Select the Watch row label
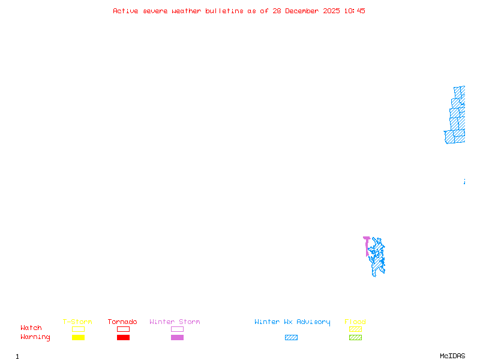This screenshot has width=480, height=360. coord(31,328)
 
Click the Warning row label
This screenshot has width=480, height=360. coord(35,337)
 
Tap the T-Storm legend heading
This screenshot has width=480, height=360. coord(77,322)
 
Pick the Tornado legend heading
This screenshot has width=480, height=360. coord(122,322)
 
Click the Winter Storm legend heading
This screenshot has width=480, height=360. coord(175,322)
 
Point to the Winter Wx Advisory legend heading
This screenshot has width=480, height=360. coord(292,322)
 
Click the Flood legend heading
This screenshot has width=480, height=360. coord(355,322)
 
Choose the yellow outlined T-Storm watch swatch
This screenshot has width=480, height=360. coord(78,329)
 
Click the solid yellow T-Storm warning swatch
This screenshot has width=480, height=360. coord(78,338)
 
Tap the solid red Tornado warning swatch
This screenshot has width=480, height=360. coord(123,338)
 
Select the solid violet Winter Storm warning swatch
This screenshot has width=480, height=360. coord(177,338)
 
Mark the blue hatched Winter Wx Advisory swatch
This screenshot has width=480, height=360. coord(291,338)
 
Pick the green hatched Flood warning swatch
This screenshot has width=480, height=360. coord(355,338)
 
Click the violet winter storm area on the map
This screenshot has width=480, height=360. coord(367,243)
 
